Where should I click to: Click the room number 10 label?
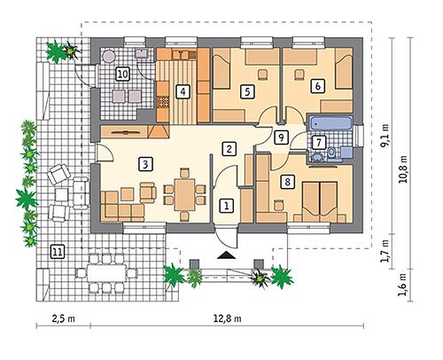click(x=122, y=74)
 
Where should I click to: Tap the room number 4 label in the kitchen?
click(x=183, y=91)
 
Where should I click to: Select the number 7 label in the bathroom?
click(x=318, y=143)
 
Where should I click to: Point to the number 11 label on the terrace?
click(x=58, y=252)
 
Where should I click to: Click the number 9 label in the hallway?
click(x=281, y=137)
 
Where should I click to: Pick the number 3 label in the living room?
click(x=145, y=164)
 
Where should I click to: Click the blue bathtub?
click(x=330, y=123)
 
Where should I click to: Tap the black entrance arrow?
click(x=227, y=255)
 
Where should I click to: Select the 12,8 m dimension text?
click(x=227, y=318)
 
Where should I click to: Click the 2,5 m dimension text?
click(x=64, y=318)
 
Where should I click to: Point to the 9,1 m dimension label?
click(x=385, y=136)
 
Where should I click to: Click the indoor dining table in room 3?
click(x=184, y=194)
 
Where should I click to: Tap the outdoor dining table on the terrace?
click(x=106, y=273)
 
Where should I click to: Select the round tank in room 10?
click(x=108, y=56)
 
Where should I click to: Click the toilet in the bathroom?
click(x=331, y=153)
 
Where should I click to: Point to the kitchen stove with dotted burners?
click(x=163, y=102)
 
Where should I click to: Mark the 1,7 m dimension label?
click(x=384, y=252)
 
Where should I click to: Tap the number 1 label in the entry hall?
click(x=227, y=206)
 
